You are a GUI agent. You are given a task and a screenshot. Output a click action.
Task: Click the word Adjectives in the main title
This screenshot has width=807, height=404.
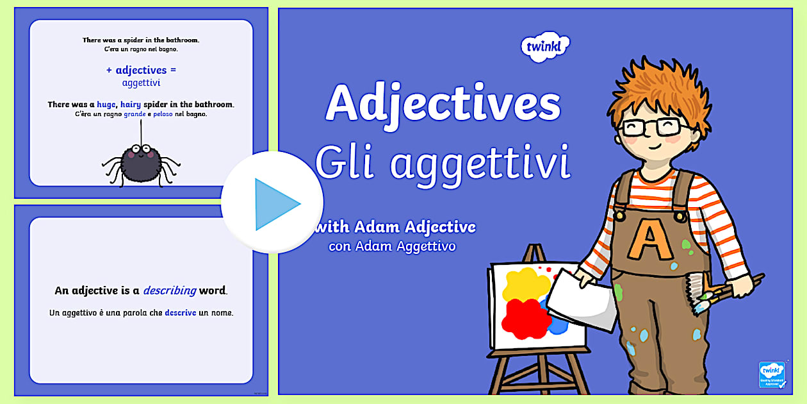pyautogui.click(x=443, y=103)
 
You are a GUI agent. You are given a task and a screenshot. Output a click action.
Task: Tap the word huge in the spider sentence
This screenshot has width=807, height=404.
pyautogui.click(x=106, y=105)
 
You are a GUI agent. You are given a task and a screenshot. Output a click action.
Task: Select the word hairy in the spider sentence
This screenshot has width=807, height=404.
pyautogui.click(x=131, y=105)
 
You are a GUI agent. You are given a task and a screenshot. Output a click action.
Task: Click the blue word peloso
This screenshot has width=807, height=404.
pyautogui.click(x=163, y=114)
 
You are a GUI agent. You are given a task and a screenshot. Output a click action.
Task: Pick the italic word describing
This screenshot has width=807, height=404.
pyautogui.click(x=169, y=290)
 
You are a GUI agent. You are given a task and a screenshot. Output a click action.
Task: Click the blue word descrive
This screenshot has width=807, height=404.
pyautogui.click(x=181, y=313)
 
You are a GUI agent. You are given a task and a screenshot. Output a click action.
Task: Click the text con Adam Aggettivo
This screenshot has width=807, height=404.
pyautogui.click(x=392, y=246)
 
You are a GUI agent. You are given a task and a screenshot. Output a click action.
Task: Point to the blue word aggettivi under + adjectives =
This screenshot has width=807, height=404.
pyautogui.click(x=141, y=83)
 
